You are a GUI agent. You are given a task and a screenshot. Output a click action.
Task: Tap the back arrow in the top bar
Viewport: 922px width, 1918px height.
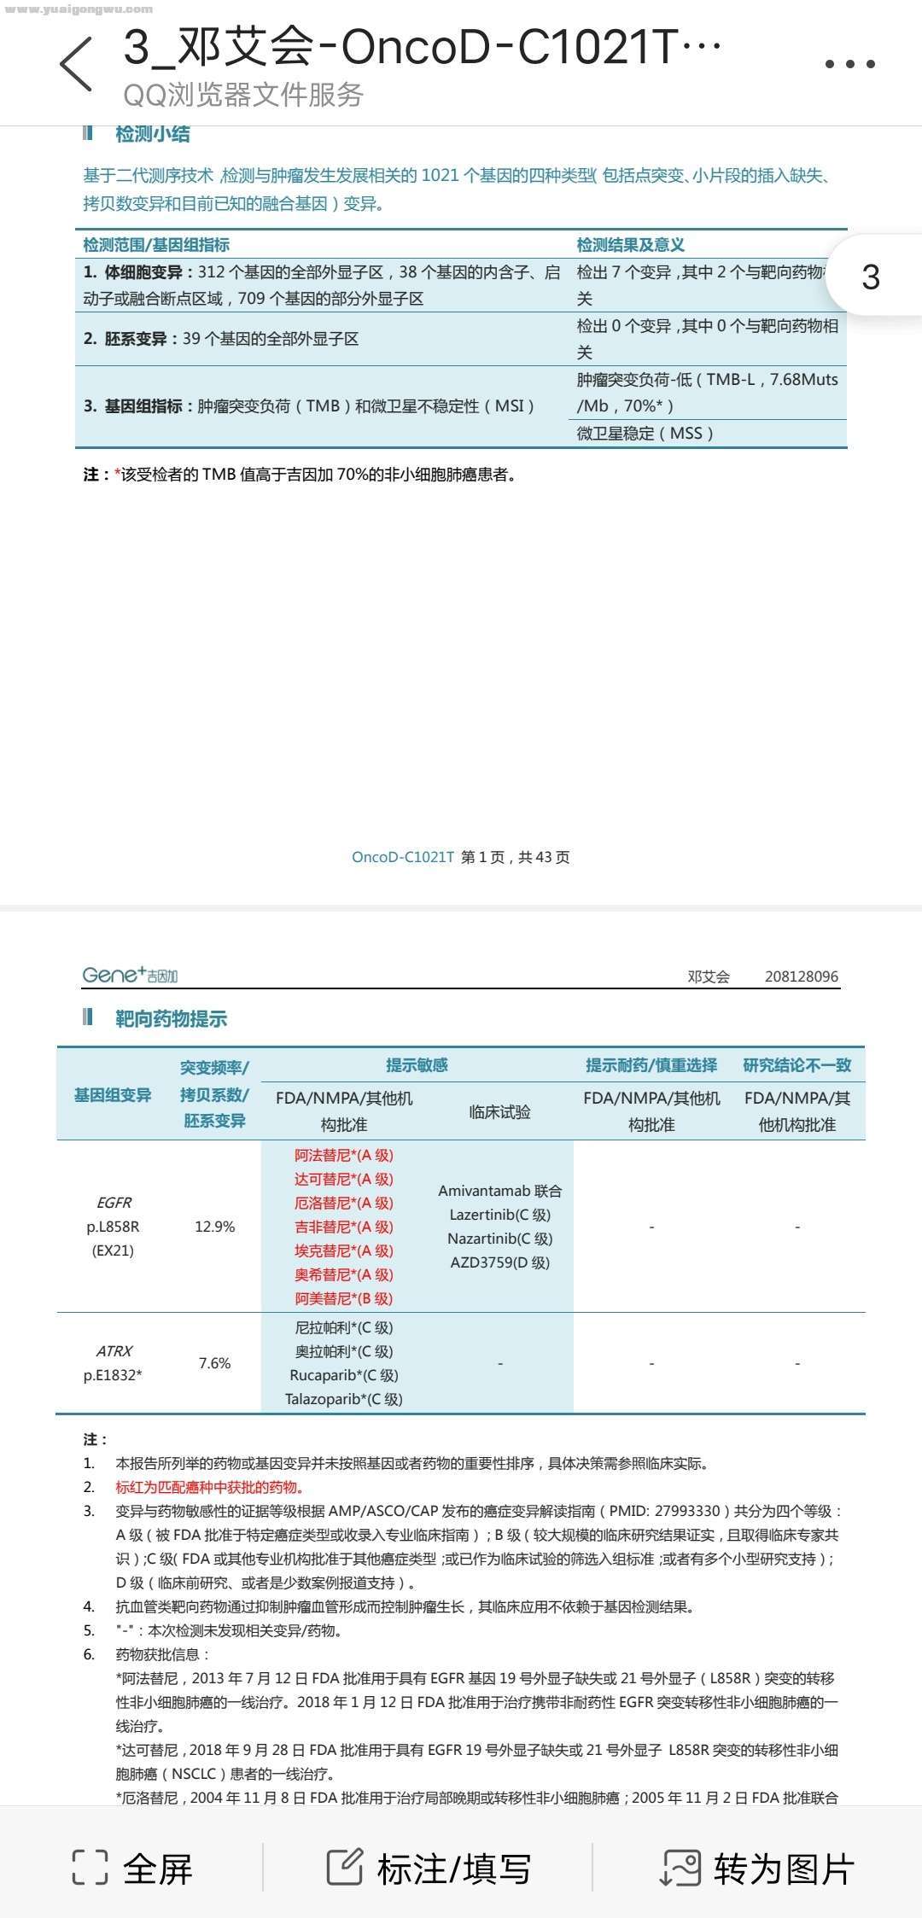click(77, 64)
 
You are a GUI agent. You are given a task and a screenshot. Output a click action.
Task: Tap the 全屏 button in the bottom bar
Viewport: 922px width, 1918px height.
click(133, 1869)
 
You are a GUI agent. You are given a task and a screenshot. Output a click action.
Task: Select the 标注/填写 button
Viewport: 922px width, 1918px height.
click(429, 1869)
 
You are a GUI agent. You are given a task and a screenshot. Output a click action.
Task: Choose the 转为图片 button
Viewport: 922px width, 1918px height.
click(758, 1869)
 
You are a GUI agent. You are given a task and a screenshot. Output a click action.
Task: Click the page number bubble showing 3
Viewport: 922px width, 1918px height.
click(871, 277)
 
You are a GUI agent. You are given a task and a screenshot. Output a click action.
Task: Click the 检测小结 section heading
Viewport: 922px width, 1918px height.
click(152, 134)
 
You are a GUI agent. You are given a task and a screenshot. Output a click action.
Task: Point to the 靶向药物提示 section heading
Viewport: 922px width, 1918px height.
click(171, 1018)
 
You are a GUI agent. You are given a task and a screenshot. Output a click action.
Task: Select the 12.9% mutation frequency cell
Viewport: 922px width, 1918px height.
click(214, 1227)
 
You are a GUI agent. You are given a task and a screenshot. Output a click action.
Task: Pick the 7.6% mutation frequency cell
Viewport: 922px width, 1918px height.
click(214, 1363)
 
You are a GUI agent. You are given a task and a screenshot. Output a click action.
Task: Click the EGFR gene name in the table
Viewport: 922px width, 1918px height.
click(114, 1203)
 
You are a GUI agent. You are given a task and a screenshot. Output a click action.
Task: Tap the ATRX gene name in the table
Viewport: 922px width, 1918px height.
click(114, 1351)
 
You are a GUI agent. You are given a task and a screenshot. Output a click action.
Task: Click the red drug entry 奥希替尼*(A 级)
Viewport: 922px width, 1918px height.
click(344, 1274)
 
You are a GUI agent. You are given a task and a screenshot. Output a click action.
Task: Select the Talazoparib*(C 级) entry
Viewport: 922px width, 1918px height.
click(344, 1399)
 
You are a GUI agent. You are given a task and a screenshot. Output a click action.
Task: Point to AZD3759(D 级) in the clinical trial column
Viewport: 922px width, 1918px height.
click(500, 1262)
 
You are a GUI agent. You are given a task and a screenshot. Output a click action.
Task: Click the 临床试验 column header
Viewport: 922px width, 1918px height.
click(500, 1111)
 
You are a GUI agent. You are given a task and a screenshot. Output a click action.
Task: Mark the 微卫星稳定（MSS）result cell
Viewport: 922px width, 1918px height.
click(645, 433)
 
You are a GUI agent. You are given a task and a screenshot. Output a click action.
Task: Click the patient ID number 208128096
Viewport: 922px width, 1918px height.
click(802, 976)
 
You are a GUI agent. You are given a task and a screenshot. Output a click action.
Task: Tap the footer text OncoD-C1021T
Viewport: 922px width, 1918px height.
click(403, 857)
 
